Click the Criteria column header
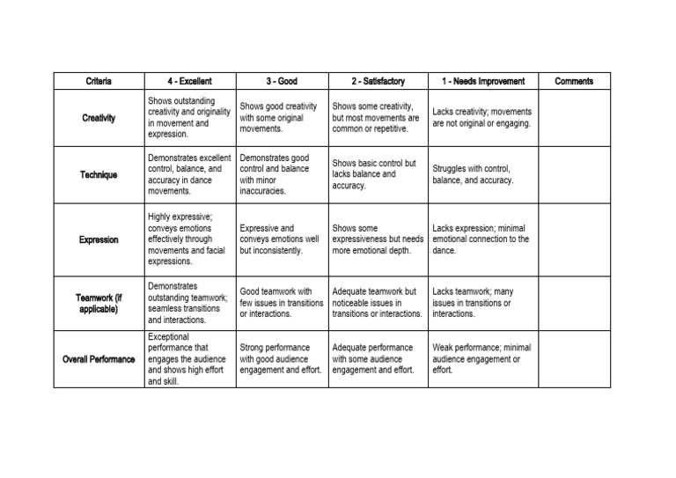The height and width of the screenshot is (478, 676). click(99, 82)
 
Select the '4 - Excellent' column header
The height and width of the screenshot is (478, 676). click(189, 82)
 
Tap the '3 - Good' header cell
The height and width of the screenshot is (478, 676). click(282, 82)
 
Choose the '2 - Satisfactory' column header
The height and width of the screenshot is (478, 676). click(378, 82)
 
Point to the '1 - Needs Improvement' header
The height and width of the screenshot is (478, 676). click(482, 82)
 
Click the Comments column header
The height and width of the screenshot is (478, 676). click(574, 82)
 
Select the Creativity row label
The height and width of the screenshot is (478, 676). click(99, 118)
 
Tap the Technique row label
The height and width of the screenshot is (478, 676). click(99, 174)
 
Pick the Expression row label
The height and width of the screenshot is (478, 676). click(99, 239)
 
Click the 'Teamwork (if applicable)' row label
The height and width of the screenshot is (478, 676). click(99, 304)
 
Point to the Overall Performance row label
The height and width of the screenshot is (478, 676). click(99, 359)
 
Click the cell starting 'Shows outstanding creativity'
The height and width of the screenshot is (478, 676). click(188, 118)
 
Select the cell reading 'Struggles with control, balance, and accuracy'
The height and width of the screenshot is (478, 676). click(482, 174)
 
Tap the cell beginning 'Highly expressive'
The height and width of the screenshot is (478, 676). click(188, 239)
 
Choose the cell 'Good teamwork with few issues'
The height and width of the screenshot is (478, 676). click(282, 303)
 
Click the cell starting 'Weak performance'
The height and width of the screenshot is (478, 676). click(482, 359)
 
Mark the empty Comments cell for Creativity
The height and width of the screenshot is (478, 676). click(574, 118)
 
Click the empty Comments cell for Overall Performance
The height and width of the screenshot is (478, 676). click(574, 359)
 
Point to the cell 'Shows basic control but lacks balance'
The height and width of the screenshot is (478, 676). click(378, 174)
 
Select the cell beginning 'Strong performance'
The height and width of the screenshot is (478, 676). click(282, 359)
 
